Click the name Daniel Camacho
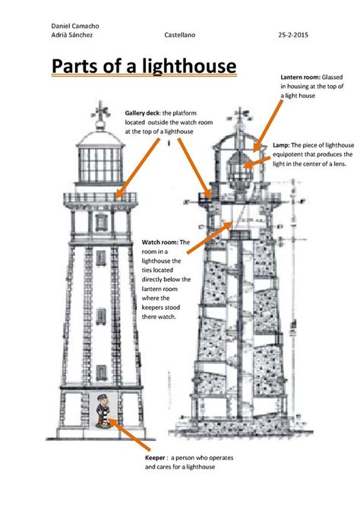coord(75,26)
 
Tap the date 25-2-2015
coord(293,35)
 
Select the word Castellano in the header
coord(179,35)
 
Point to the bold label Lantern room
coord(300,77)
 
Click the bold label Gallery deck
coord(142,113)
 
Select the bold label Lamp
coord(281,145)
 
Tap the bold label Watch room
coord(159,242)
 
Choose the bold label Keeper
coord(155,458)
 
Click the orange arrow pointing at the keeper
coord(129,434)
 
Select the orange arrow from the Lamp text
coord(257,162)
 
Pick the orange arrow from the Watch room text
coord(210,237)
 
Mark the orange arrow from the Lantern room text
coord(267,126)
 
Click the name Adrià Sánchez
coord(72,35)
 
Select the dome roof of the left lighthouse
coord(100,138)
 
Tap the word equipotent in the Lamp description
coord(287,155)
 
